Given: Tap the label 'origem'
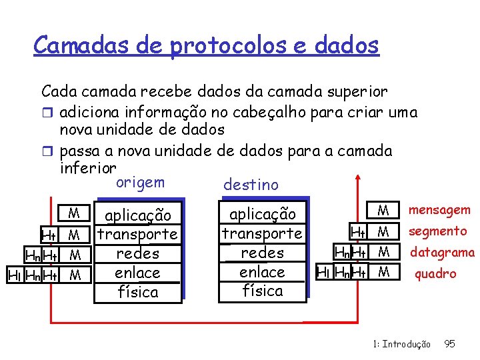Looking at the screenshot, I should (140, 183).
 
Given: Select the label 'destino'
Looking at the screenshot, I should (251, 184).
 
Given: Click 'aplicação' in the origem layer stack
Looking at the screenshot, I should (138, 215).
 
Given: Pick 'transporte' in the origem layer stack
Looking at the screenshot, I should (137, 235).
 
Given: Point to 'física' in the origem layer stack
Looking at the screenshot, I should (138, 292).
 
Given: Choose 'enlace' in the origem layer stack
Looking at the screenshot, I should (137, 273).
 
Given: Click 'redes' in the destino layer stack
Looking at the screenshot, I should (262, 253).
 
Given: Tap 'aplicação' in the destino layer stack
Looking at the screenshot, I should (262, 214).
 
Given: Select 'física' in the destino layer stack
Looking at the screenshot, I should (262, 291).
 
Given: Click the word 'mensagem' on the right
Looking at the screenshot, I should (439, 211).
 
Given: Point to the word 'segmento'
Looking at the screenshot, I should (437, 231).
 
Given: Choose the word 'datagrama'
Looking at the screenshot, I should (442, 253).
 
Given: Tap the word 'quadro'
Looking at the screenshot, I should (435, 273).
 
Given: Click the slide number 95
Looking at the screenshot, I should (449, 344).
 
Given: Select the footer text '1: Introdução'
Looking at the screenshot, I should (402, 344).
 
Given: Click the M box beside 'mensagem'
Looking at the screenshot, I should (383, 211).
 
